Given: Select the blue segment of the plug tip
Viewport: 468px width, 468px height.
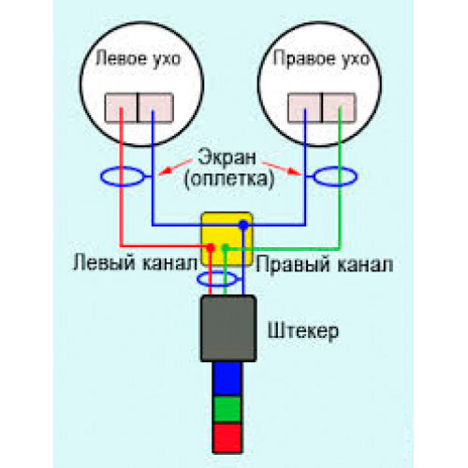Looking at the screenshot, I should [x=228, y=379].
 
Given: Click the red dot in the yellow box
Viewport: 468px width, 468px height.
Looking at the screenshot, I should [x=212, y=248].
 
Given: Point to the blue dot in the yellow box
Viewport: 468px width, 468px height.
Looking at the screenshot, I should [x=243, y=225].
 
